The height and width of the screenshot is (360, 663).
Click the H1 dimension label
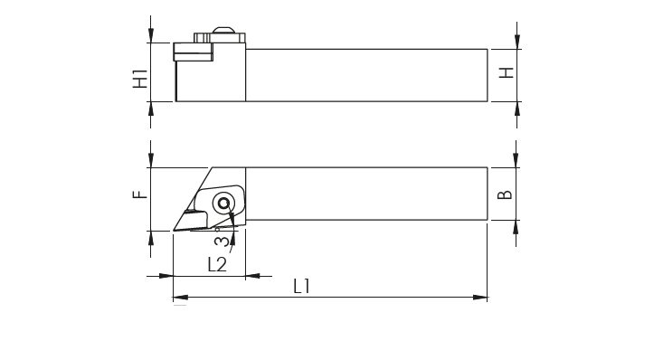coord(140,79)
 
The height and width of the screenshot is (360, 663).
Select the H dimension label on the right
coord(507,72)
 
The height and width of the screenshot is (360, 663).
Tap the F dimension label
coord(140,194)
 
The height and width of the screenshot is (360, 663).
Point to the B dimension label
coord(505,194)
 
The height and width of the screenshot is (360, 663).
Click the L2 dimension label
coord(217,264)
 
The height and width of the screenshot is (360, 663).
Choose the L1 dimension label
coord(301,287)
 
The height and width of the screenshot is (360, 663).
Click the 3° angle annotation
coord(222,238)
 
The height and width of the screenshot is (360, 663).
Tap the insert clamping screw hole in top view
coord(223,204)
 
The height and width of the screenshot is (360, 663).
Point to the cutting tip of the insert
coord(175,230)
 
